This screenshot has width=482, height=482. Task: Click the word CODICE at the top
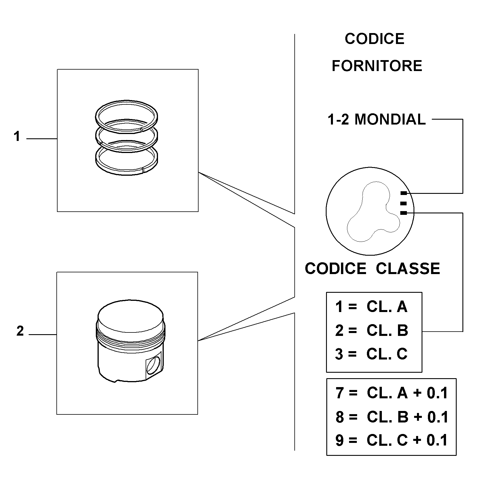(x=374, y=39)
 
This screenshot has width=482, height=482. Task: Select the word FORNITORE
(x=377, y=66)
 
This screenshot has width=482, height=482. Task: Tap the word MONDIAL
(x=390, y=119)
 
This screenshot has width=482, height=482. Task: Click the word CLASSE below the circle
(x=408, y=269)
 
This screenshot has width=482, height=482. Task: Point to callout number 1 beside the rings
(x=17, y=136)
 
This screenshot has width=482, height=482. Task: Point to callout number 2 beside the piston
(x=20, y=331)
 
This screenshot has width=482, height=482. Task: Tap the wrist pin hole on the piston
(x=153, y=366)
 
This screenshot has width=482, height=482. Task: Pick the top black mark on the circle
(x=404, y=193)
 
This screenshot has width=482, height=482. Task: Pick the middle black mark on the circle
(x=404, y=203)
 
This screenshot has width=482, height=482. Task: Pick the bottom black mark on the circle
(x=404, y=213)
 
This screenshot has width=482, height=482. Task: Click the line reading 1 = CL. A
(x=371, y=307)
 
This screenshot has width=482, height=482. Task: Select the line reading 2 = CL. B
(x=371, y=330)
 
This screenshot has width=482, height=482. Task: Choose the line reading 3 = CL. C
(x=371, y=354)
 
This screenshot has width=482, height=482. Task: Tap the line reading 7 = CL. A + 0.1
(x=392, y=393)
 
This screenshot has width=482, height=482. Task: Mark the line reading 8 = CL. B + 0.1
(x=392, y=417)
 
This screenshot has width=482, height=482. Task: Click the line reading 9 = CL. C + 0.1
(x=392, y=440)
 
